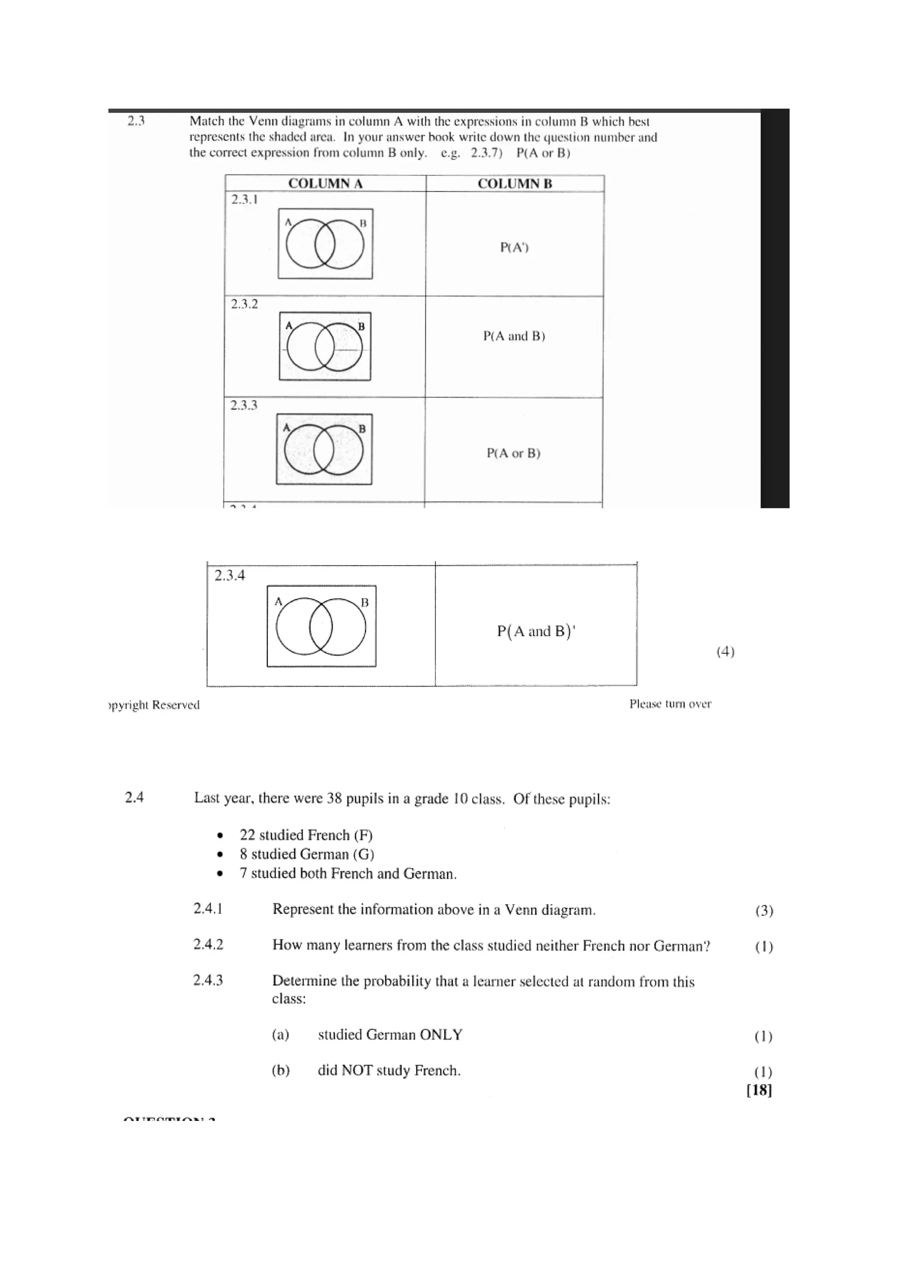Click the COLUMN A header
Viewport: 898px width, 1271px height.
click(325, 184)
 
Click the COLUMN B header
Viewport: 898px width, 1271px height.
click(515, 184)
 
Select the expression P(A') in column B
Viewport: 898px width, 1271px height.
click(514, 247)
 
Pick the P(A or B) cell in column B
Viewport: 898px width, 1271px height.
click(513, 453)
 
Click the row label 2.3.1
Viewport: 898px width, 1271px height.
click(245, 200)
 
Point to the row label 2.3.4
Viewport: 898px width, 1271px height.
click(230, 576)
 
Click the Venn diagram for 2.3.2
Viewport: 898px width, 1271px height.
click(325, 347)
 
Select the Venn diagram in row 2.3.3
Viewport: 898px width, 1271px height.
click(324, 449)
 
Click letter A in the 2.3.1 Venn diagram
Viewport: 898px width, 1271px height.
click(288, 222)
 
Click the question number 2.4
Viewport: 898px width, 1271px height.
click(135, 798)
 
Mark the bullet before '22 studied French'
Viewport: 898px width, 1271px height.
click(221, 835)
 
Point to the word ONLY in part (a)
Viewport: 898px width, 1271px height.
click(441, 1035)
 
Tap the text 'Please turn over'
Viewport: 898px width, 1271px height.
click(670, 704)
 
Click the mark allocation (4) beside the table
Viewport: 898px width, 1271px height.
click(725, 652)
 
